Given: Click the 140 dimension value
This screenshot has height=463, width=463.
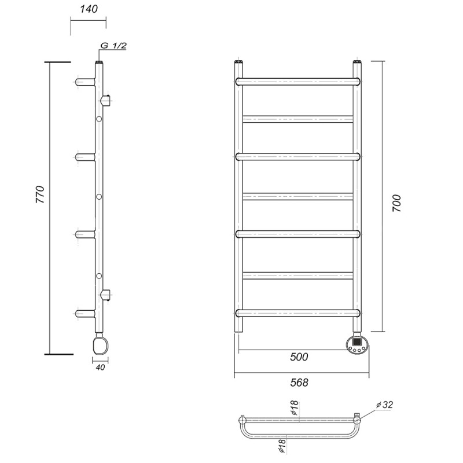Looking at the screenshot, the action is tap(89, 9).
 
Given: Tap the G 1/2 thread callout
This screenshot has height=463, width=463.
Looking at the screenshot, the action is tap(113, 46).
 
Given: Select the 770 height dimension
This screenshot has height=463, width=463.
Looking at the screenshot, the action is tap(40, 194).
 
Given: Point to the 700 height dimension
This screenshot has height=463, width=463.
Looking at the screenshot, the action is tap(397, 203).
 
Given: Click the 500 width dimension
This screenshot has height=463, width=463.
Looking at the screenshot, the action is tap(299, 357).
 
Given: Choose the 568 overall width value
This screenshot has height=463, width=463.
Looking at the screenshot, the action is tap(299, 383).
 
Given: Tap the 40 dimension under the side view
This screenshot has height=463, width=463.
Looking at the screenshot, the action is tap(100, 368).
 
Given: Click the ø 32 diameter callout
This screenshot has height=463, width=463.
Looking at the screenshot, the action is tap(385, 405).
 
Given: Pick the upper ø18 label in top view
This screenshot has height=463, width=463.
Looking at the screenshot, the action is tap(295, 408).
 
